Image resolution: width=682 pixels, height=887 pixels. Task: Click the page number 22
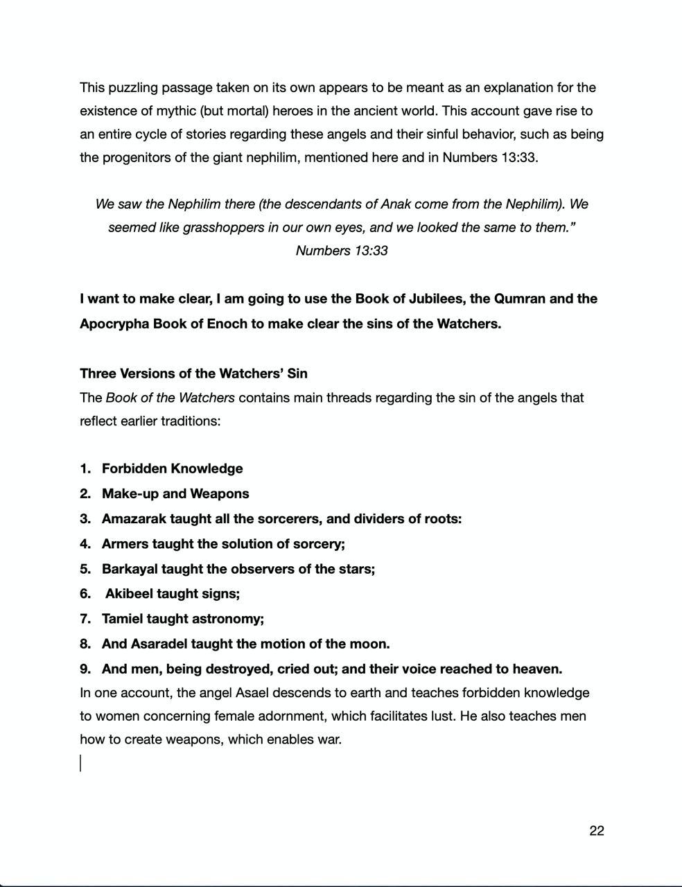click(596, 831)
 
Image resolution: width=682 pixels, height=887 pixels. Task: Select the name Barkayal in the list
click(130, 569)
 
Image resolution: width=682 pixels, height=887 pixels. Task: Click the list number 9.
click(85, 669)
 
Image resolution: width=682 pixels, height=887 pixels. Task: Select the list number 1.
click(85, 468)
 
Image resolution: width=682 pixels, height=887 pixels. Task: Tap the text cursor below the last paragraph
click(80, 763)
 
